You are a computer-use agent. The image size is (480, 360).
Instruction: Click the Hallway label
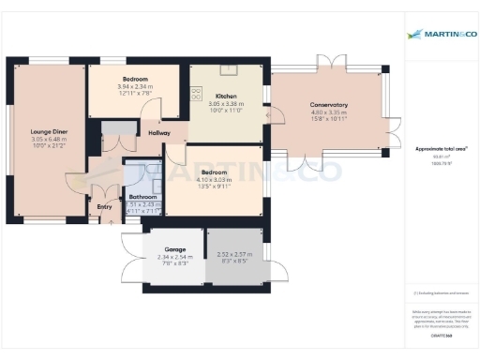[159, 134]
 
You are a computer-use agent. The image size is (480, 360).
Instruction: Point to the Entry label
[104, 207]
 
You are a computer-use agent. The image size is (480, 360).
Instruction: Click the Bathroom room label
[142, 197]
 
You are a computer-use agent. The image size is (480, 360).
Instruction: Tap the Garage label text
[162, 248]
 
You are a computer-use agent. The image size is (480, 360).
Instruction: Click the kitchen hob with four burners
[197, 92]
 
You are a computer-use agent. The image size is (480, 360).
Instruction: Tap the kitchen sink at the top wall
[230, 68]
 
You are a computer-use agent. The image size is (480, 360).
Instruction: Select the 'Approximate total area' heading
[442, 148]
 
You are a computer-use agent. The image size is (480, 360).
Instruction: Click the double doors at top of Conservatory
[329, 63]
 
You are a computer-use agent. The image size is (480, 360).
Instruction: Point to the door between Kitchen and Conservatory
[268, 116]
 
